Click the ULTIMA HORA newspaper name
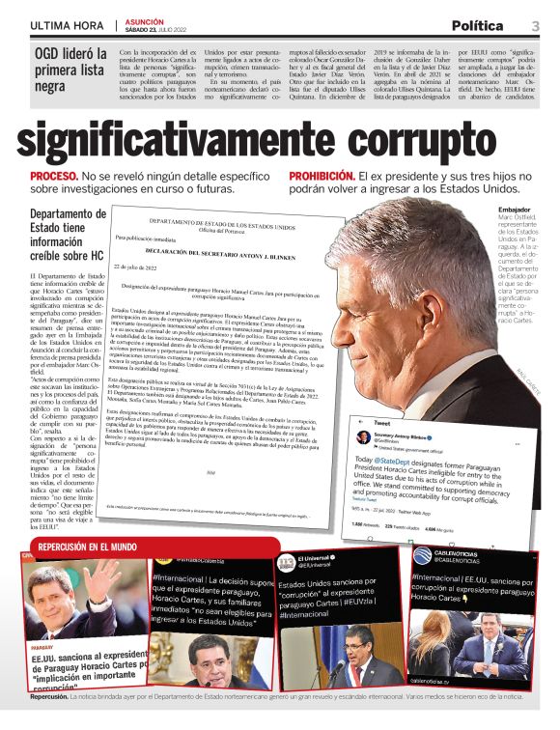(67, 26)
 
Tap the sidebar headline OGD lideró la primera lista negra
(68, 68)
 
